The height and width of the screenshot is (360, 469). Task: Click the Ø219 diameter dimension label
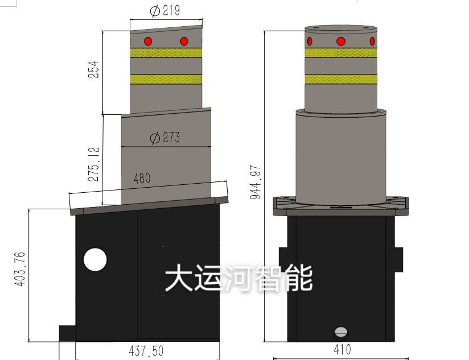(165, 11)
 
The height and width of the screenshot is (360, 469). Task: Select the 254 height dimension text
(93, 69)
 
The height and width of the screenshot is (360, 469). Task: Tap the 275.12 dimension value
(93, 164)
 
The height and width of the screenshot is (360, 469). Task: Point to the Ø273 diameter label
(165, 138)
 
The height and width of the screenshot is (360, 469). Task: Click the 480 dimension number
(142, 179)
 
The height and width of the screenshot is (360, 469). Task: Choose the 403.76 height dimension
(20, 269)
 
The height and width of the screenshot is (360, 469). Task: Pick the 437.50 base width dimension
(146, 351)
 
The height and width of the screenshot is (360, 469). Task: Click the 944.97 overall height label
(256, 182)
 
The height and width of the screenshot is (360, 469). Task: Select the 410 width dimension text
(343, 350)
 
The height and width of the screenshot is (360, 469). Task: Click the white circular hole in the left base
(95, 259)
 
